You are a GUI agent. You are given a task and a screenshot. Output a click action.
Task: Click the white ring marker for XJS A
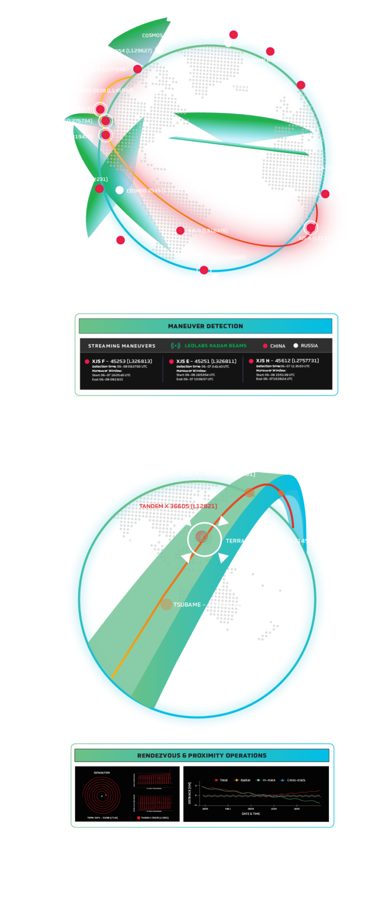point(311,228)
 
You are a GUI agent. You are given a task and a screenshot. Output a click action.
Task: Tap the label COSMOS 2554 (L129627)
point(121,51)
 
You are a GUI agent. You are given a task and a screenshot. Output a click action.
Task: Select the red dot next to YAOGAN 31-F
point(138,69)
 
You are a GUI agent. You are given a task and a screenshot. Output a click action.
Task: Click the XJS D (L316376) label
point(207,231)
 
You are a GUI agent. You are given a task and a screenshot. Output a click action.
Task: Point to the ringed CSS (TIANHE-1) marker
point(203,269)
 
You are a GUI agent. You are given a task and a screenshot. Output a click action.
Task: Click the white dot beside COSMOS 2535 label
point(120,190)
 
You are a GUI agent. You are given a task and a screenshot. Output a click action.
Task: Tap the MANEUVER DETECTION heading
point(205,326)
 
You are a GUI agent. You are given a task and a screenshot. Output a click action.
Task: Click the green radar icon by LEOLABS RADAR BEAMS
point(176,346)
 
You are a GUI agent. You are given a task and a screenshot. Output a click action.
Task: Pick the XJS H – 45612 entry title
point(287,361)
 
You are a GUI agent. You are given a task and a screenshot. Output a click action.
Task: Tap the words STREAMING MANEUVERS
point(122,346)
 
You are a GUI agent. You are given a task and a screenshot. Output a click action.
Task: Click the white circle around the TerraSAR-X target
point(204,539)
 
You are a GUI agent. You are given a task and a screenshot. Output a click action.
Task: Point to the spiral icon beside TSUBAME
point(166,605)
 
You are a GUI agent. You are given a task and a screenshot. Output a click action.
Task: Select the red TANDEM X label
point(178,506)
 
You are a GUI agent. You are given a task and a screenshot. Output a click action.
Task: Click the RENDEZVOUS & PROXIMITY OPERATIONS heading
point(202,755)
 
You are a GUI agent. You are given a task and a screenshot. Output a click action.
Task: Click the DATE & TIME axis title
point(251,814)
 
